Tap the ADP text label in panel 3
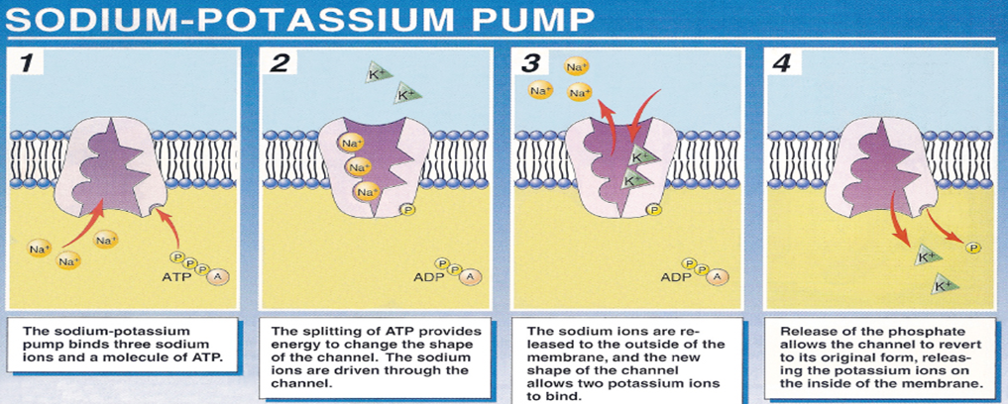click(674, 279)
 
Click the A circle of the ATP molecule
click(219, 277)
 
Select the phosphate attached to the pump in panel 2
click(406, 209)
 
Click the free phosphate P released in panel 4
click(970, 248)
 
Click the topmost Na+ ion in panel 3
click(575, 66)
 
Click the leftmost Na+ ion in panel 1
click(40, 248)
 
